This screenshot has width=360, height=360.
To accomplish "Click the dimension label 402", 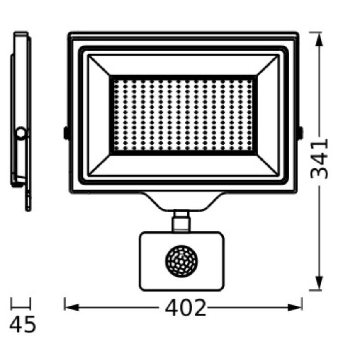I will coord(185,308).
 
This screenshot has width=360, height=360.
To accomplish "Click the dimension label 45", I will coord(23,324).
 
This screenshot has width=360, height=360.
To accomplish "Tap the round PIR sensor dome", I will coord(182,262).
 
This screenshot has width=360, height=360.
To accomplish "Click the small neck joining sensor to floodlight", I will coord(181,221).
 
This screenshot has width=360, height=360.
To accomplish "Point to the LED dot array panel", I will coord(183,115).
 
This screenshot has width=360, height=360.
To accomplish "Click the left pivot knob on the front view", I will coord(66,133).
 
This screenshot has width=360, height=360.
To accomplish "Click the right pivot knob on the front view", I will coord(300,132).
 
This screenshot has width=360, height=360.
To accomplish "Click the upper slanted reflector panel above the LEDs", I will coord(183,65).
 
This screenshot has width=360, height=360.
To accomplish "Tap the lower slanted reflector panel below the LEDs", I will coord(183,165).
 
